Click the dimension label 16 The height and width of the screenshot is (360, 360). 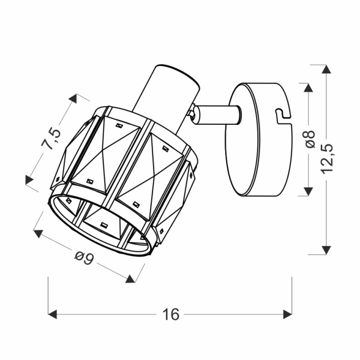click(170, 314)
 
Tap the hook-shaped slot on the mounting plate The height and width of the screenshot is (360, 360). click(282, 112)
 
